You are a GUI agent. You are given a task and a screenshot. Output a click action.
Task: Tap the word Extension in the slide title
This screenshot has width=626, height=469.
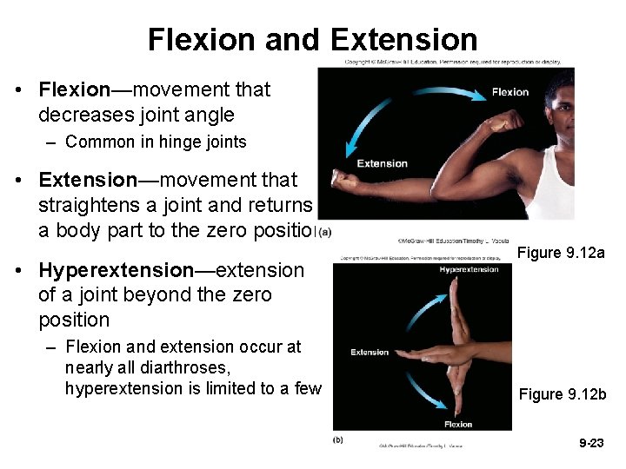[404, 40]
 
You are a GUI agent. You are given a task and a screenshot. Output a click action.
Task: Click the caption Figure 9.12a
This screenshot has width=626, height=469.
[561, 253]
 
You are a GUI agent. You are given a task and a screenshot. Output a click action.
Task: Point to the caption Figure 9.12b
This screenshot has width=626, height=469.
[563, 394]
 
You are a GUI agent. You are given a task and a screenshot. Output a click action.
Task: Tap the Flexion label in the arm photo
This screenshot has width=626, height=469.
[509, 92]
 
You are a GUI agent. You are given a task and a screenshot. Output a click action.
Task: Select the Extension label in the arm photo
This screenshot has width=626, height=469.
[382, 163]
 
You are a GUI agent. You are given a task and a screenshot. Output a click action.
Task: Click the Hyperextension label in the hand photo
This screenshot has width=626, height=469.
[469, 270]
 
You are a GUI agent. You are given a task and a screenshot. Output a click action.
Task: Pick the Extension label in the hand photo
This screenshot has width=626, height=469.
[370, 352]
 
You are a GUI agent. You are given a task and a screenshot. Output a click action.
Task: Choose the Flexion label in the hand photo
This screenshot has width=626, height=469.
[457, 425]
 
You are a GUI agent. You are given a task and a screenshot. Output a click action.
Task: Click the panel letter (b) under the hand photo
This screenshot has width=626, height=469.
[337, 440]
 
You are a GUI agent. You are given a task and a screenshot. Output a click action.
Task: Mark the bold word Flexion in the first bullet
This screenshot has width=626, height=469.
[74, 89]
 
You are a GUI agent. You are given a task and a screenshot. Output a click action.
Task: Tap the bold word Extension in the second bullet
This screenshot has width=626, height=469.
[88, 180]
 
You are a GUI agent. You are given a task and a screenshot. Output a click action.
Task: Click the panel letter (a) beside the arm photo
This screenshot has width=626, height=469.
[325, 231]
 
